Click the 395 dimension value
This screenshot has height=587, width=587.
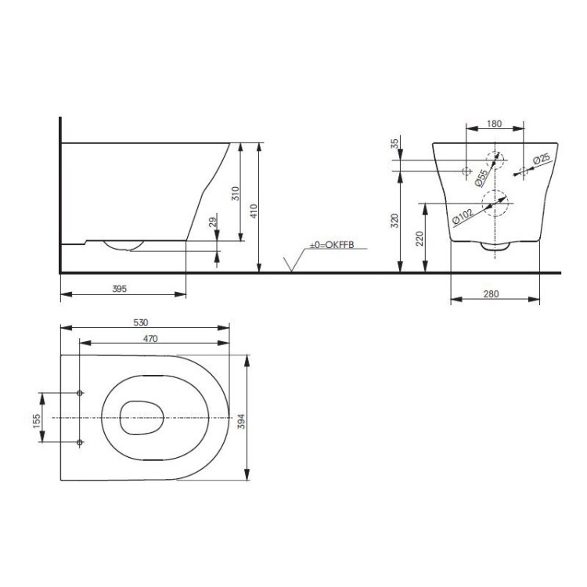click(119, 288)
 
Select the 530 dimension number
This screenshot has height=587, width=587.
click(141, 322)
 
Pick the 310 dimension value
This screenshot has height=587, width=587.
click(236, 193)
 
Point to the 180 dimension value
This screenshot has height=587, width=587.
click(494, 124)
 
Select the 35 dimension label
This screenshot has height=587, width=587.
click(395, 144)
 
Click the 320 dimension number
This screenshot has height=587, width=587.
click(395, 222)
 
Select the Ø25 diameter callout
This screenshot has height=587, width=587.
click(541, 160)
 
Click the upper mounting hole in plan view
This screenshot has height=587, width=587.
click(81, 392)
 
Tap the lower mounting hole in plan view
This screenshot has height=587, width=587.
click(81, 443)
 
